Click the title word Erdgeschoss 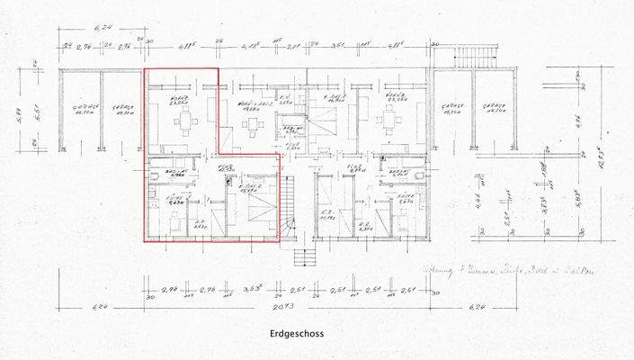pos(296,334)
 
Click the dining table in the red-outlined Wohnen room pos(185,121)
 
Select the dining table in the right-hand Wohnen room pos(390,121)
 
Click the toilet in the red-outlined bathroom pos(154,178)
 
